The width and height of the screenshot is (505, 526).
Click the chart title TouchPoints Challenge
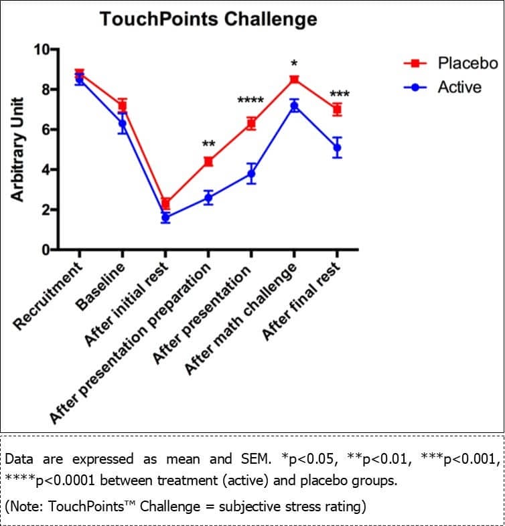208,19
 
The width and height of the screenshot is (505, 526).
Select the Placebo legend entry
467,64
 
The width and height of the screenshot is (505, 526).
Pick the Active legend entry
459,87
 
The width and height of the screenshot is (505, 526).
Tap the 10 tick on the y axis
42,50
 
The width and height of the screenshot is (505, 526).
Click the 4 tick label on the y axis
46,170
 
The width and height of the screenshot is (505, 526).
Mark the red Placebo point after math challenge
294,80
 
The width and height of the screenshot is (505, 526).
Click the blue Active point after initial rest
165,217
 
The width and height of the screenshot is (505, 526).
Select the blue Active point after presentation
251,174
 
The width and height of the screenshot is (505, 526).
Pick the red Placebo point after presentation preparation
208,161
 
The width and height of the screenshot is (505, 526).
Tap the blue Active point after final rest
337,147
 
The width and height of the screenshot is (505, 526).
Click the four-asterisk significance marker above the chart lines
250,102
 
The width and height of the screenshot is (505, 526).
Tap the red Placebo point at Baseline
123,106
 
